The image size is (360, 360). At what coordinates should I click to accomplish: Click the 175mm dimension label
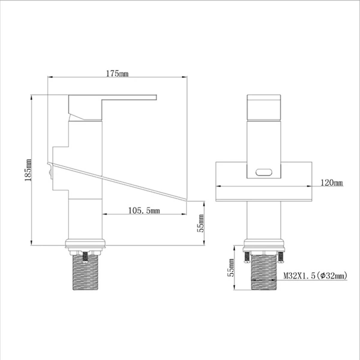pyautogui.click(x=117, y=74)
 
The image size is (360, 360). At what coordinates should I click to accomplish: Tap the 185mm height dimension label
pyautogui.click(x=28, y=170)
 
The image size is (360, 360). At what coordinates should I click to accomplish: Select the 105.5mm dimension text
pyautogui.click(x=144, y=211)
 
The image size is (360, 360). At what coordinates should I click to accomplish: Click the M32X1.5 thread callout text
pyautogui.click(x=315, y=276)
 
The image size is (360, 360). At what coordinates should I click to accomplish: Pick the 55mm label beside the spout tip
pyautogui.click(x=200, y=223)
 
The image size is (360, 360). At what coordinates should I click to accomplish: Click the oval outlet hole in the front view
pyautogui.click(x=264, y=172)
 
